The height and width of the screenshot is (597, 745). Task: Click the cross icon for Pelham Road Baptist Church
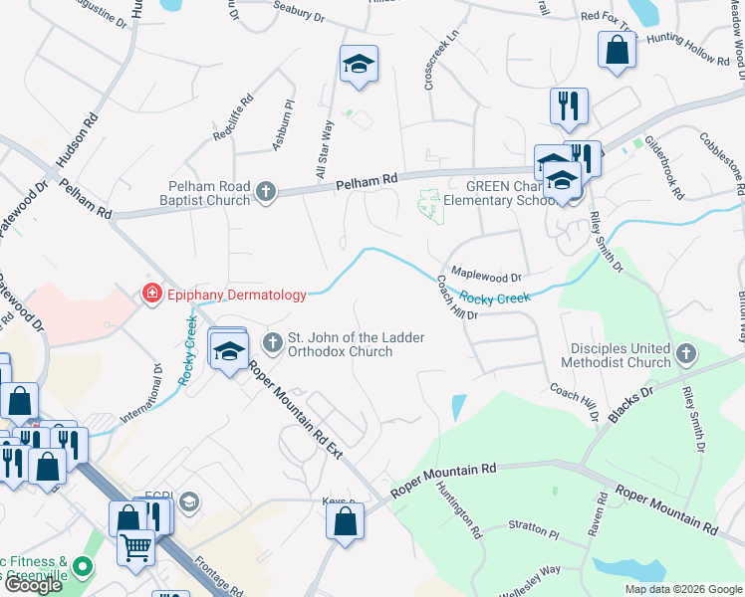[265, 191]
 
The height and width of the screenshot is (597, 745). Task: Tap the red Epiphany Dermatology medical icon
[151, 294]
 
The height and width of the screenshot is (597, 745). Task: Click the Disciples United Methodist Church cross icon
[686, 354]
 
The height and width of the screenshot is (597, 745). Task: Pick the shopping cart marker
[136, 545]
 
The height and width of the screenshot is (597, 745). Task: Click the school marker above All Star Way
[359, 66]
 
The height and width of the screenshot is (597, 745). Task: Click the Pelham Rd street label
[367, 179]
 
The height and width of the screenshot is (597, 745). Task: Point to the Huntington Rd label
[458, 510]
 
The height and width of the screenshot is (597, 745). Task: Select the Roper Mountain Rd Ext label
[296, 410]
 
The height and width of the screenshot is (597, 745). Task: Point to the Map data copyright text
[683, 589]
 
